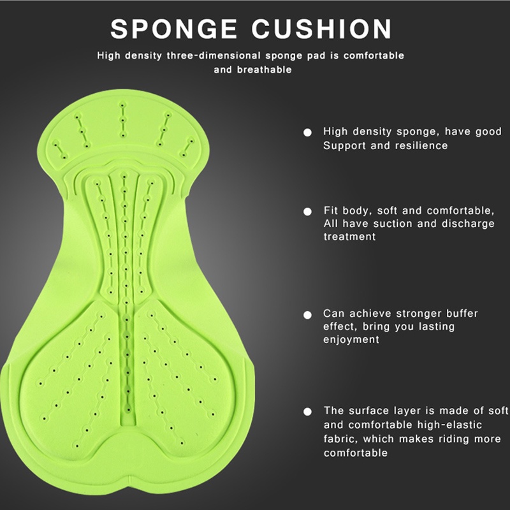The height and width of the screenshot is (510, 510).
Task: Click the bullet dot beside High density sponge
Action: (x=307, y=133)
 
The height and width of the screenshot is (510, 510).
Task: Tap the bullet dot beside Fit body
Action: (x=307, y=211)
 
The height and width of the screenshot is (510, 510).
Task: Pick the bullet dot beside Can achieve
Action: (x=307, y=314)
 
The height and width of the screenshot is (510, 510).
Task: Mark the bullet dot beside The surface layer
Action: (x=307, y=412)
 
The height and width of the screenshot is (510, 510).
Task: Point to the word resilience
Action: (x=424, y=146)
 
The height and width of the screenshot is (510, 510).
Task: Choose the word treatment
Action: (x=350, y=237)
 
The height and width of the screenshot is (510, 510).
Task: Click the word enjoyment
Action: (x=351, y=340)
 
